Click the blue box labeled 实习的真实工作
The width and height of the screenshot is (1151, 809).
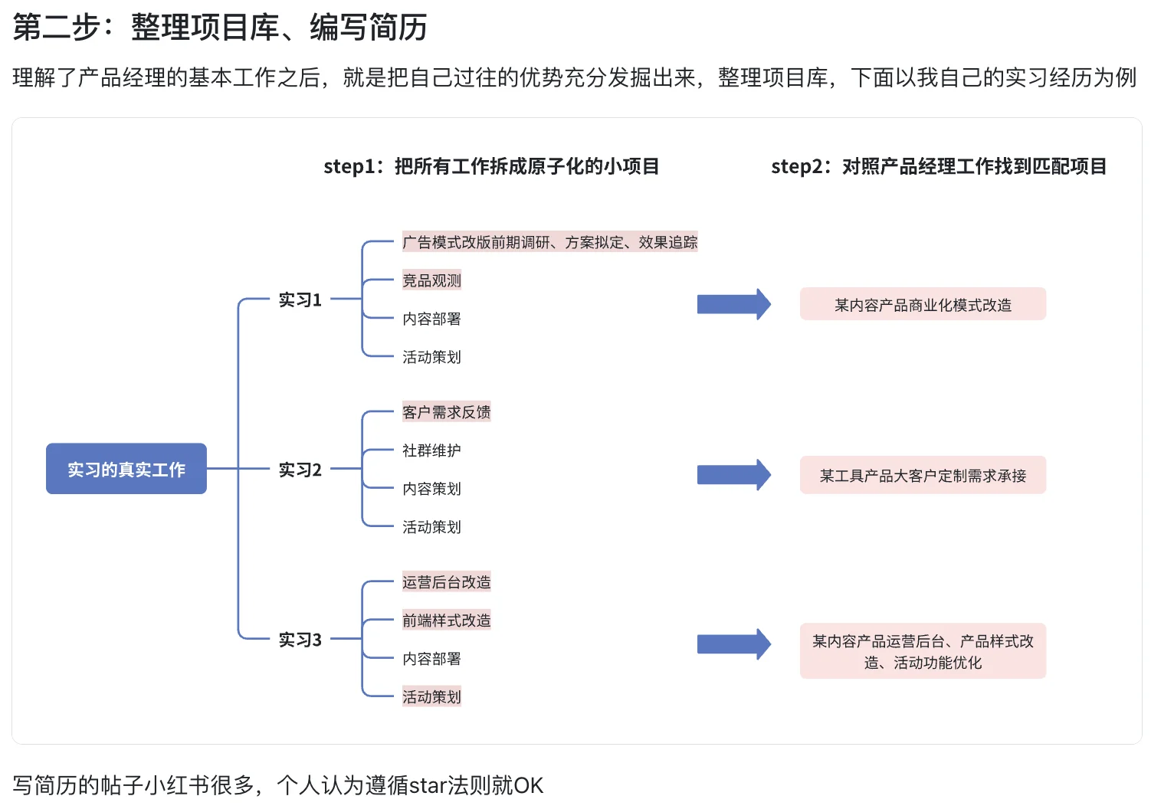pyautogui.click(x=126, y=469)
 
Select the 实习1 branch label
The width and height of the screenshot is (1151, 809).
pyautogui.click(x=300, y=300)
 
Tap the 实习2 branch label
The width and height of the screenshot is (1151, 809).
pyautogui.click(x=300, y=470)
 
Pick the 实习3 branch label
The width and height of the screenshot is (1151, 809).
pyautogui.click(x=300, y=640)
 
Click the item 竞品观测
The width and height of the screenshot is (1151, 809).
pyautogui.click(x=431, y=280)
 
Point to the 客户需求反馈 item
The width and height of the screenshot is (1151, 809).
pyautogui.click(x=446, y=412)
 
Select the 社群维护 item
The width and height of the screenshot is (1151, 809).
pyautogui.click(x=431, y=450)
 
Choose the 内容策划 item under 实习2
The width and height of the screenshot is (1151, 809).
pyautogui.click(x=431, y=489)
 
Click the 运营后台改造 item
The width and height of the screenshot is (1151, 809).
pyautogui.click(x=446, y=582)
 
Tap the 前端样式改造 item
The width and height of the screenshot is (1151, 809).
pyautogui.click(x=446, y=621)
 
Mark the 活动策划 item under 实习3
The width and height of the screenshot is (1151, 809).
pyautogui.click(x=431, y=697)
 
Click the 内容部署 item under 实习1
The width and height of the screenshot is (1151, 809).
pyautogui.click(x=431, y=319)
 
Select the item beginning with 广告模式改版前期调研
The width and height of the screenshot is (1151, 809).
pyautogui.click(x=549, y=242)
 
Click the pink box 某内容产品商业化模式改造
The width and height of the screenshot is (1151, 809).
pyautogui.click(x=923, y=305)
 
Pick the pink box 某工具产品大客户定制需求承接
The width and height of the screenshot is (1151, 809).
pyautogui.click(x=923, y=476)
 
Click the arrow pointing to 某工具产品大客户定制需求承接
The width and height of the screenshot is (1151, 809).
pyautogui.click(x=733, y=475)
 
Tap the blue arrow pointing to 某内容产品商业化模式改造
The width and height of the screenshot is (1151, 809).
pyautogui.click(x=733, y=304)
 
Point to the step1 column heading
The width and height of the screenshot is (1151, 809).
pyautogui.click(x=491, y=166)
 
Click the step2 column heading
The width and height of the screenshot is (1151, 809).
pyautogui.click(x=939, y=166)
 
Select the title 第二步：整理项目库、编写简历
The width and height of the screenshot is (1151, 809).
pyautogui.click(x=220, y=28)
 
